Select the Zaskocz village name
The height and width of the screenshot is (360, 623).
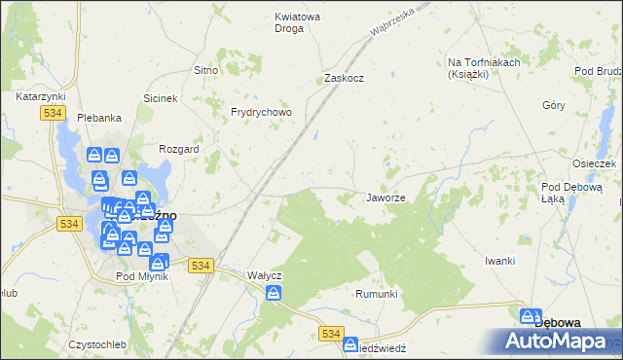(344, 78)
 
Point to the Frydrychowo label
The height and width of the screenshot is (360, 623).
(261, 112)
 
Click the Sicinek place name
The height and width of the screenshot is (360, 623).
(161, 98)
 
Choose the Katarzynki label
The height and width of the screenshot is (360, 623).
(40, 97)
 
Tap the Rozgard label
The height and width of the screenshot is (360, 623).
(179, 149)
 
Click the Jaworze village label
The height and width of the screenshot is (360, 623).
(385, 198)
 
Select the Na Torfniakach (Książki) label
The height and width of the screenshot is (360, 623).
(484, 68)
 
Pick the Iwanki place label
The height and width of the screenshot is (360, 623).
(498, 262)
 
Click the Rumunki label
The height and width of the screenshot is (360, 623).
(377, 294)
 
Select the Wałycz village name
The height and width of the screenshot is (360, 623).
(265, 275)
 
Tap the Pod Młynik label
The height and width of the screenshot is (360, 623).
(142, 276)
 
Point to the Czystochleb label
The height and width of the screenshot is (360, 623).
(97, 344)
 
